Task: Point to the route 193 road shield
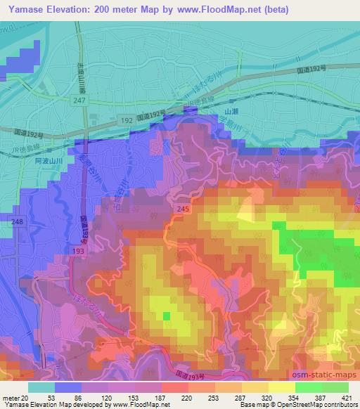pos(76,249)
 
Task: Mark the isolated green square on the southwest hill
pos(167,316)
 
